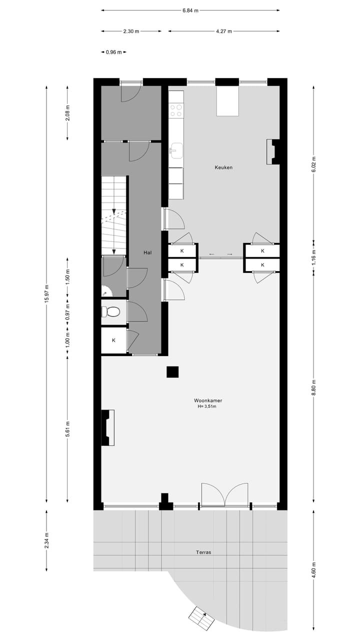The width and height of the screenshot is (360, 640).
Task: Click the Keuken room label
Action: (224, 167)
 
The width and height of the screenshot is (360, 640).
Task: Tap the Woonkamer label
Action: (208, 400)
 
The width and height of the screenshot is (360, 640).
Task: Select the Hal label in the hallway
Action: (147, 253)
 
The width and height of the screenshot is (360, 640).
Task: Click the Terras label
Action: (203, 552)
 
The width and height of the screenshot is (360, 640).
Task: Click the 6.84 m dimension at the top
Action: (190, 10)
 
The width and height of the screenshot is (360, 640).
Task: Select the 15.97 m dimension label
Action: (47, 294)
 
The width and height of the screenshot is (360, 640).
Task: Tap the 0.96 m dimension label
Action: (113, 52)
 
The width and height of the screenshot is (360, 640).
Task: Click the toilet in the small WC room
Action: (111, 312)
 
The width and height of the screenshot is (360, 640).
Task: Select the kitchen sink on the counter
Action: (176, 149)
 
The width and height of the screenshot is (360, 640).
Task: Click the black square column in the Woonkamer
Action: (172, 372)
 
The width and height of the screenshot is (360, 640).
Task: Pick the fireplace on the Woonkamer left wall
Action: (108, 427)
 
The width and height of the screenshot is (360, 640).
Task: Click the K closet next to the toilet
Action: (113, 340)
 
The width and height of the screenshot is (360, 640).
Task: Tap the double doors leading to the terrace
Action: (225, 495)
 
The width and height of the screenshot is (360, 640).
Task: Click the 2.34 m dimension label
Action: (47, 540)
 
